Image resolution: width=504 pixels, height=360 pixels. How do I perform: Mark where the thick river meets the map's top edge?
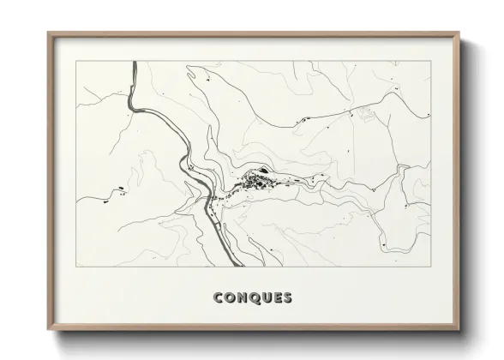point(135,62)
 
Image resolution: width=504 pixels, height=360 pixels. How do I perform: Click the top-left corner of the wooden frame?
point(49,33)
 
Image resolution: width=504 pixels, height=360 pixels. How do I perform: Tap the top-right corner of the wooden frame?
point(459,33)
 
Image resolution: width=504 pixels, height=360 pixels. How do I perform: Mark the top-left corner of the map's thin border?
point(76,62)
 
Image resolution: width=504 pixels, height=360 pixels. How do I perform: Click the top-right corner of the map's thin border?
point(431,62)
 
